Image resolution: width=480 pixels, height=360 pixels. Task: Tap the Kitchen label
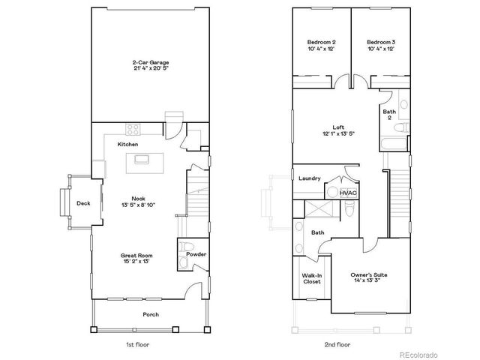point(127,144)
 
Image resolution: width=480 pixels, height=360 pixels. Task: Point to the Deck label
point(83,203)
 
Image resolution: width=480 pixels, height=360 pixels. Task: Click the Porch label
point(151,314)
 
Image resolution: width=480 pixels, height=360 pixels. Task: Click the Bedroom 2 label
point(321,42)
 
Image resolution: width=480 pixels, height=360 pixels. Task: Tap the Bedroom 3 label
point(381,42)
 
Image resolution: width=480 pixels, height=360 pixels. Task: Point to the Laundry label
point(309,178)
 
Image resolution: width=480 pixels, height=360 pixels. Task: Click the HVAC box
point(348,193)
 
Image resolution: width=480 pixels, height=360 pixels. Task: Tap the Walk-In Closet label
point(312,279)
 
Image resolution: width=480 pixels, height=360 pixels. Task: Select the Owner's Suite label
point(368,275)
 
